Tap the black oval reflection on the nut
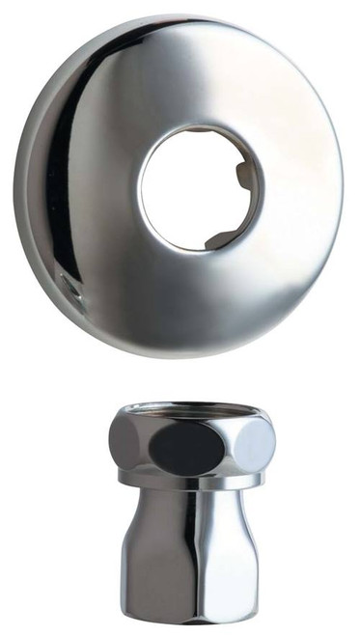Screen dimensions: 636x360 coord(187,445)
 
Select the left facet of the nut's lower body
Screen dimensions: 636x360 coord(145,550)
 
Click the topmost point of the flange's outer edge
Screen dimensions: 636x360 coord(179,18)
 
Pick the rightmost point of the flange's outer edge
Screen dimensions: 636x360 coord(344,183)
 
